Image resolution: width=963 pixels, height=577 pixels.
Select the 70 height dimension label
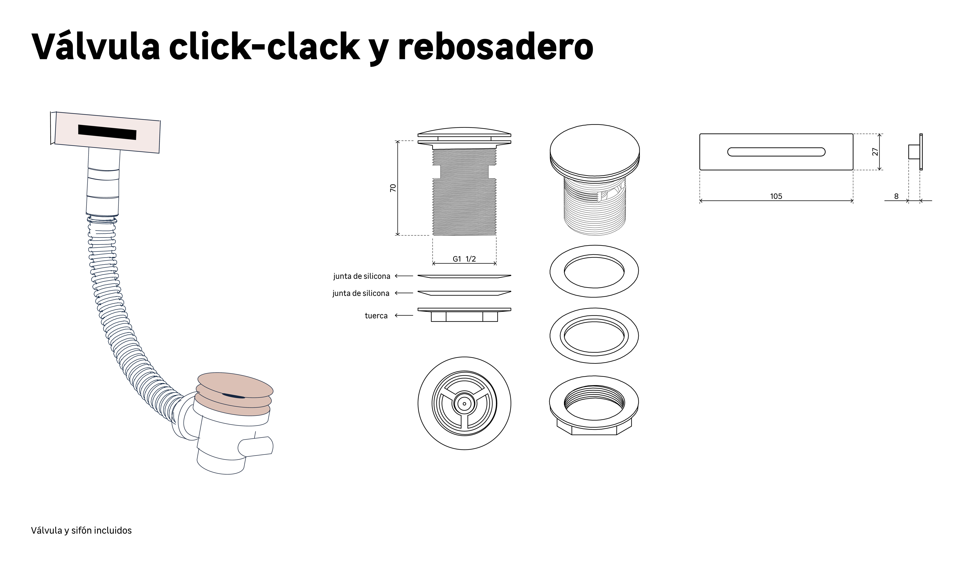click(393, 188)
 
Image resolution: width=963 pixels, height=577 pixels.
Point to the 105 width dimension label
click(776, 196)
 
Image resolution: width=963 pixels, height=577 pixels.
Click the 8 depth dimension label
click(896, 196)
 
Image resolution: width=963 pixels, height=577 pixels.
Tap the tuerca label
click(376, 316)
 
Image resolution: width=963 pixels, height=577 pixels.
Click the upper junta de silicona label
click(362, 276)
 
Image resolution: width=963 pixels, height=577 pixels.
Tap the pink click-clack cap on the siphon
click(235, 385)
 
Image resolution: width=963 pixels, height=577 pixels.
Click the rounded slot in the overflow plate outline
click(776, 152)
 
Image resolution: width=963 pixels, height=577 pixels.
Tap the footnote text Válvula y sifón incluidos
click(81, 530)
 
